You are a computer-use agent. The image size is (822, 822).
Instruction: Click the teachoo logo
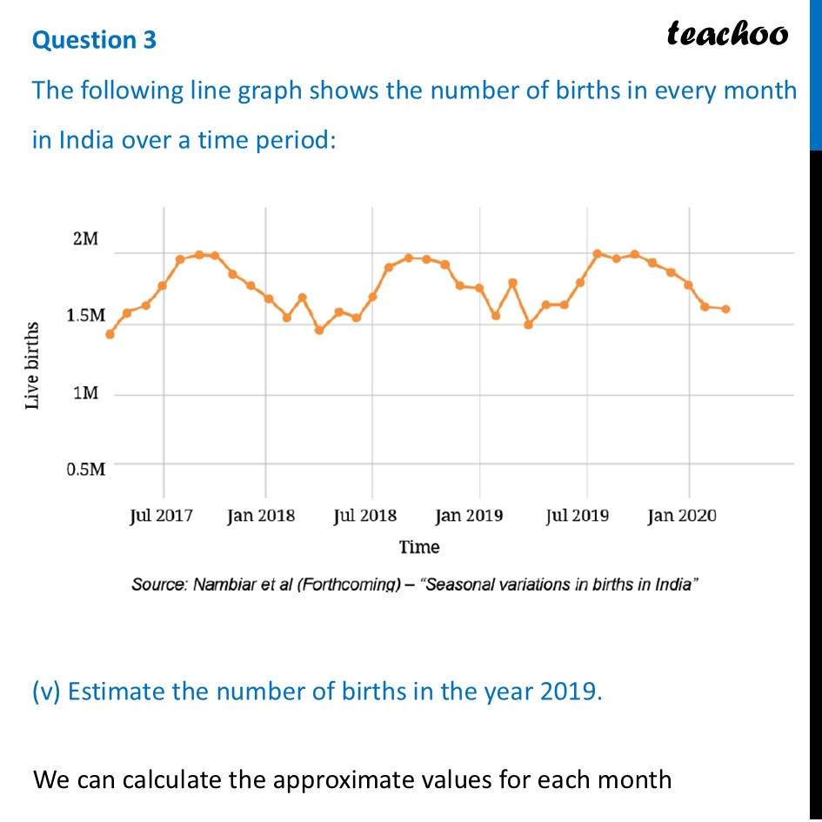tap(727, 34)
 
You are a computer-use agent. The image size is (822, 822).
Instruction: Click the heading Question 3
tap(94, 40)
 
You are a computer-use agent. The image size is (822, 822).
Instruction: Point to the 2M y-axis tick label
tap(85, 238)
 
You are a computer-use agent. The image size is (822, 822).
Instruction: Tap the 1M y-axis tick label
tap(85, 393)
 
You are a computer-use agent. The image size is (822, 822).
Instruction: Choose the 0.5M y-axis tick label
tap(86, 470)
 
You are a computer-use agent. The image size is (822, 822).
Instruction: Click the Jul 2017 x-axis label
tap(161, 516)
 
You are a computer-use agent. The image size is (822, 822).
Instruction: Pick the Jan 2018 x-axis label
tap(261, 516)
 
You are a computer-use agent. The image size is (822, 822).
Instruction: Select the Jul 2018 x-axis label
tap(364, 516)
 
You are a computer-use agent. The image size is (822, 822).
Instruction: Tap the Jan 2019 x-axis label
tap(470, 516)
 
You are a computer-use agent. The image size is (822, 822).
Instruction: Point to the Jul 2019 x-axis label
tap(578, 516)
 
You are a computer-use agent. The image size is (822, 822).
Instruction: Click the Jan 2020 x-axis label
tap(682, 516)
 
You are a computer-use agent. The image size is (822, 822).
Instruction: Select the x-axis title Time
tap(419, 547)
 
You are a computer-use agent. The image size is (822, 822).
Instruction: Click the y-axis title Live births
tap(32, 365)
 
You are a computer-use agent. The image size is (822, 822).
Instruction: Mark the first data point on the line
tap(110, 334)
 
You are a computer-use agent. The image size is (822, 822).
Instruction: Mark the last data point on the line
tap(725, 309)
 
